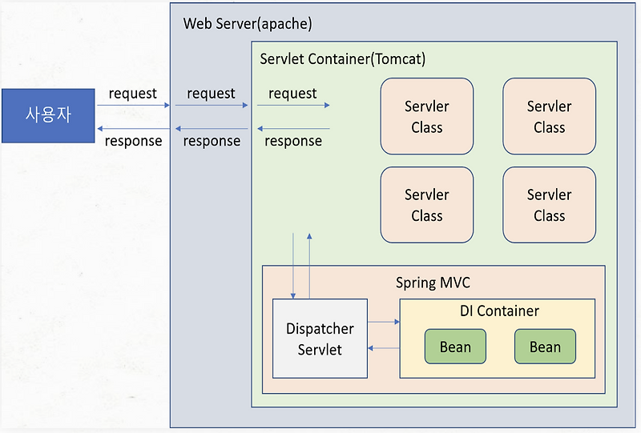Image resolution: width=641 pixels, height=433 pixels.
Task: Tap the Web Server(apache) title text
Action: coord(248,23)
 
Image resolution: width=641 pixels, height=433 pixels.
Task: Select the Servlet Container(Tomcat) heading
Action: coord(342,59)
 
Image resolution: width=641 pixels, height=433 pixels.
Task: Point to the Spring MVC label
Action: coord(433,283)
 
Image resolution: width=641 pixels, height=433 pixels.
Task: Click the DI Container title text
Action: coord(499,311)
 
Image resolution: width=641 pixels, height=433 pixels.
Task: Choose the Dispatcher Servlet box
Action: coord(320,339)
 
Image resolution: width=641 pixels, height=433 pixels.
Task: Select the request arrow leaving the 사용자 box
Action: coord(134,105)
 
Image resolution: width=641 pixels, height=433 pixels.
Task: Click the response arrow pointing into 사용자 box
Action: coord(134,128)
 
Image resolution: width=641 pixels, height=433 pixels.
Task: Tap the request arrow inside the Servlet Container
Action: coord(293,105)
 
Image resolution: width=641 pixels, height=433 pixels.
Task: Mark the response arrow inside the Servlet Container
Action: coord(293,128)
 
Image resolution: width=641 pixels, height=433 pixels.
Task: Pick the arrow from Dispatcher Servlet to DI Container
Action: coord(384,322)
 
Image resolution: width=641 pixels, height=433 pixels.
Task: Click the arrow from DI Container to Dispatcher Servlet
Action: coord(384,348)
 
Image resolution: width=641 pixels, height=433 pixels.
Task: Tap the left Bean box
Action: coord(455,347)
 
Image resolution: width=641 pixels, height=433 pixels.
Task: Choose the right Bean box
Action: coord(545,347)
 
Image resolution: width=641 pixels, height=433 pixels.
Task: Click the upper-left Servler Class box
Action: coord(426,116)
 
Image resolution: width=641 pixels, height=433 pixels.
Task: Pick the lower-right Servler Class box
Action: coord(549,204)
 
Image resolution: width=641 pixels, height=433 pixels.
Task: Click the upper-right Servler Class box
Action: coord(549,116)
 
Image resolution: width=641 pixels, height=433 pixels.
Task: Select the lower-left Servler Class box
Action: coord(426,204)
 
